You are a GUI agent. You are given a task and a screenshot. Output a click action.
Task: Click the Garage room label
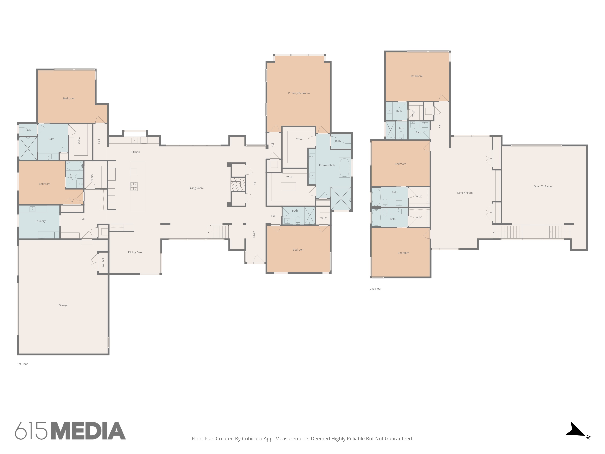pos(63,305)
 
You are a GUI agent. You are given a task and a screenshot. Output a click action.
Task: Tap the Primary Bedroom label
pos(299,93)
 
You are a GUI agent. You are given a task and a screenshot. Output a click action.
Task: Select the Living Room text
pos(196,188)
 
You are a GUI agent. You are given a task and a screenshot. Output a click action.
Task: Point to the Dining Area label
pos(135,252)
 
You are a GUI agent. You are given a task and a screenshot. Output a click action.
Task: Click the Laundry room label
pos(41,221)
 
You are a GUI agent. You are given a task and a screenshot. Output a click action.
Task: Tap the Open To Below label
pos(543,186)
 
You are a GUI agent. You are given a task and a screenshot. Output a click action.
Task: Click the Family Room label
pos(465,193)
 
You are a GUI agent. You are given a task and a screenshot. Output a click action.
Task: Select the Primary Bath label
pos(327,165)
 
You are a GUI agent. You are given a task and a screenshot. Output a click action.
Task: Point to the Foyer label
pos(254,235)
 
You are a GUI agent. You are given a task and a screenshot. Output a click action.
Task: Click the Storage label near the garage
pos(103,263)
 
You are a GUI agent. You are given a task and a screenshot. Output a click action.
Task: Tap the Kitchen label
pos(135,152)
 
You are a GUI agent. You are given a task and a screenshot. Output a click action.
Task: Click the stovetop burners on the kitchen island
pos(134,186)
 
